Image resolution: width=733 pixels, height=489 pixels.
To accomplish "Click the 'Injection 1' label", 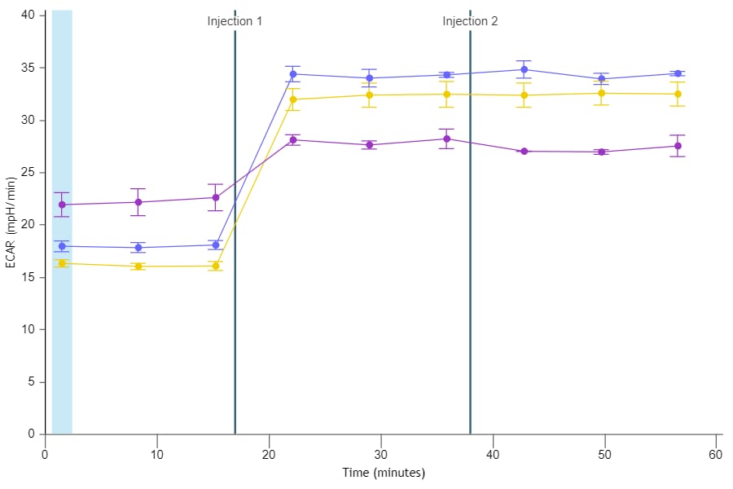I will pos(235,21).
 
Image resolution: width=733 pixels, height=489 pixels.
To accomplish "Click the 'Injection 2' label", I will pos(470,21).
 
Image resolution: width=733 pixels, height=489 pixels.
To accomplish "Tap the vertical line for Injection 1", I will pos(235,244).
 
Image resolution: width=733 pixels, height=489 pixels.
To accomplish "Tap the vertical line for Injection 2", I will pos(470,244).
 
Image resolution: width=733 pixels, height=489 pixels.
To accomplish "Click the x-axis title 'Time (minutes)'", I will pos(384,473).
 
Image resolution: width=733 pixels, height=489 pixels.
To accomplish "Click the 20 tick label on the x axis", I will pos(269,453).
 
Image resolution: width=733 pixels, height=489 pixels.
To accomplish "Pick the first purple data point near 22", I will pos(62,205).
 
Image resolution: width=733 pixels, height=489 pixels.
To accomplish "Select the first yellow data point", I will pos(62,263).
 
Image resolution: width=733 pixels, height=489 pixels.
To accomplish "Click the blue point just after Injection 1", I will pos(293,74).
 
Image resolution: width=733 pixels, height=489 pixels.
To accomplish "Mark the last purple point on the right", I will pos(678,146).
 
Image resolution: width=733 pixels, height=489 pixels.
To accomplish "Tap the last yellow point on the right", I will pos(678,95).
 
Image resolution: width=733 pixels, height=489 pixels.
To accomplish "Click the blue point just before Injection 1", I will pos(216,244).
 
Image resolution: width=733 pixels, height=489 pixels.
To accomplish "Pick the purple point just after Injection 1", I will pos(293,139).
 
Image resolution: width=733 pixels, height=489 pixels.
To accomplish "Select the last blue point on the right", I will pos(678,73).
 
